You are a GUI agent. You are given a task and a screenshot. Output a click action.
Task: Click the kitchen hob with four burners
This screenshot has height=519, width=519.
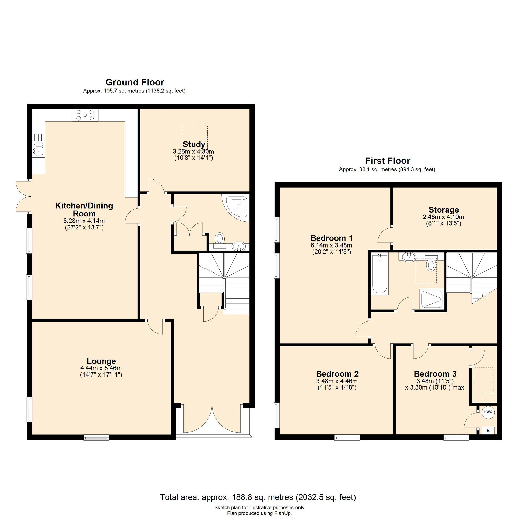[x=85, y=115]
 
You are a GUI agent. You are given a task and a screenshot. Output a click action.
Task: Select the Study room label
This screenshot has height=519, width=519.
[x=194, y=144]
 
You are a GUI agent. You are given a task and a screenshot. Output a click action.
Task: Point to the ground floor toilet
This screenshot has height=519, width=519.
[x=220, y=238]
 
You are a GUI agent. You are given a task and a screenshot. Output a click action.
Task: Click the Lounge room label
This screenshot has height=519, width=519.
[x=101, y=361]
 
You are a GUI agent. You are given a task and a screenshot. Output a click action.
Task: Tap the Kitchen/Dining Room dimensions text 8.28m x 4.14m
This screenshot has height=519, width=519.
[x=84, y=221]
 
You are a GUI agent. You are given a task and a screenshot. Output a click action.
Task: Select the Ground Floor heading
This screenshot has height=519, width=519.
[x=135, y=82]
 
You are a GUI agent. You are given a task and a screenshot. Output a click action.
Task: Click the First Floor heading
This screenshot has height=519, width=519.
[x=388, y=161]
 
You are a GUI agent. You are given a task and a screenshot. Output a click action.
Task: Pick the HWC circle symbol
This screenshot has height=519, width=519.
[x=488, y=412]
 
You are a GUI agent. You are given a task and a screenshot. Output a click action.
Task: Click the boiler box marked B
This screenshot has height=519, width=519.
[x=488, y=431]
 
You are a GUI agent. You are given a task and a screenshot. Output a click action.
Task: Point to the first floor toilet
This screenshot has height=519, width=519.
[x=431, y=265]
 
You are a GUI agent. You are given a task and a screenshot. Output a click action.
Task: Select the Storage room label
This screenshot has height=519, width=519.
[x=443, y=209]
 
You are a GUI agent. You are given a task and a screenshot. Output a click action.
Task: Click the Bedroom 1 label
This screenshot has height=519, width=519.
[x=331, y=238]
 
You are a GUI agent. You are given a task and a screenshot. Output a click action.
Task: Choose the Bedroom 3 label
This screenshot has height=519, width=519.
[x=435, y=374]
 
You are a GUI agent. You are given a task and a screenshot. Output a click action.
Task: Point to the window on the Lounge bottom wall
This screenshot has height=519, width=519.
[x=96, y=438]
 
